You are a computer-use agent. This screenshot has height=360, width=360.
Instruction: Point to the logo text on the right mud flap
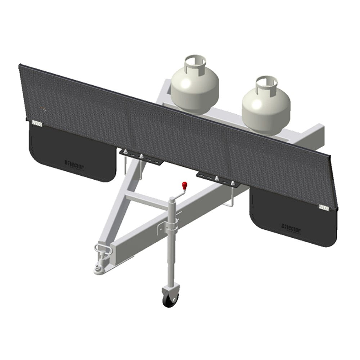point(291,228)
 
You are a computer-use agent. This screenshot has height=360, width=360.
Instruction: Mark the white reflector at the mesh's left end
point(37,123)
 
